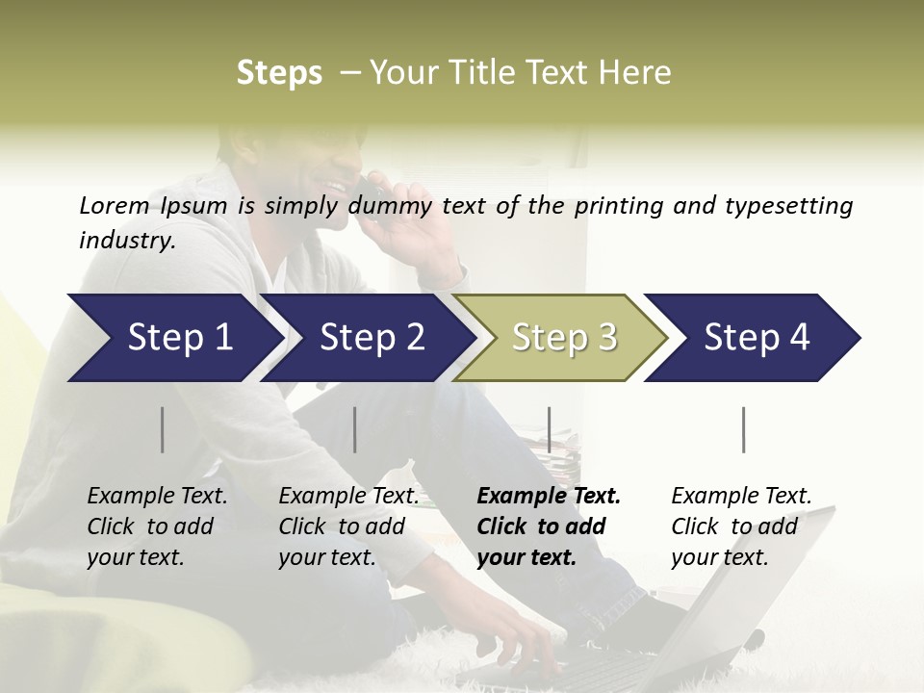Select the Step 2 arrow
tap(371, 338)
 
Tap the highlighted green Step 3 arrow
tap(563, 338)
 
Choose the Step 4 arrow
tap(756, 338)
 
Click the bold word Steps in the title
tap(279, 73)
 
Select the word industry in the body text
tap(126, 241)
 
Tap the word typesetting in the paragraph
tap(788, 206)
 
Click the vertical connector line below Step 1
tap(163, 429)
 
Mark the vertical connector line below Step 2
tap(355, 429)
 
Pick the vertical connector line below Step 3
tap(549, 429)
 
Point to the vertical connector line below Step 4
tap(743, 429)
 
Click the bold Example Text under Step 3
tap(549, 497)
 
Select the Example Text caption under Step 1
tap(157, 497)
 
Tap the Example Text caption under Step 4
tap(741, 497)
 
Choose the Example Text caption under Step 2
tap(348, 497)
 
